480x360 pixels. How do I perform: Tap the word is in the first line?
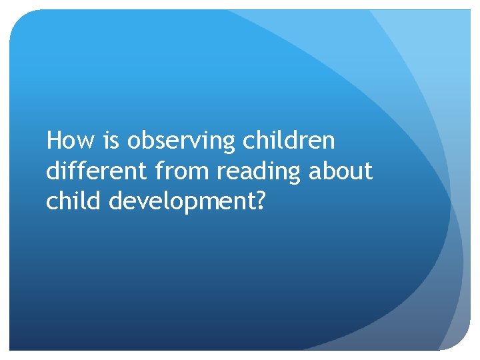pyautogui.click(x=111, y=141)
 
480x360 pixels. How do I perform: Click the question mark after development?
pyautogui.click(x=260, y=202)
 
